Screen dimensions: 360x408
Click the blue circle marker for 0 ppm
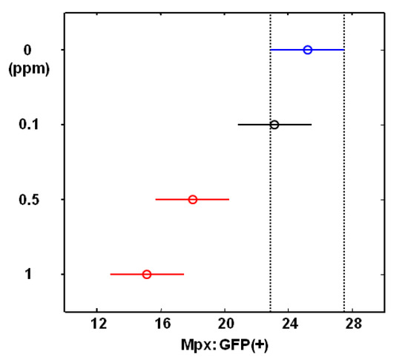[x=308, y=50]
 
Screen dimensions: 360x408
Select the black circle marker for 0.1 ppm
[x=274, y=125]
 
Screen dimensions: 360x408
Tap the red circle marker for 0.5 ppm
[x=193, y=200]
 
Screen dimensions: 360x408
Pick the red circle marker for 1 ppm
[x=147, y=275]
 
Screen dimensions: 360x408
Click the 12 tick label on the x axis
[x=97, y=324]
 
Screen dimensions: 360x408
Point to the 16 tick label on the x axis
[x=162, y=324]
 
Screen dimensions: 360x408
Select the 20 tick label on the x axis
[x=226, y=324]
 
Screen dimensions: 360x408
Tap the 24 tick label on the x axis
[x=290, y=324]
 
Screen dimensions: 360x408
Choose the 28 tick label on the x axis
[x=354, y=324]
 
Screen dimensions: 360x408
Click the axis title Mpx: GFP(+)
[x=224, y=344]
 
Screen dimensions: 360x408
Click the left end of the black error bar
[x=238, y=125]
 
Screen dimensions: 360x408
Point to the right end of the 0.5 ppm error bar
[x=229, y=200]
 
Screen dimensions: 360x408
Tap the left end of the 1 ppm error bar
[x=111, y=275]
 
